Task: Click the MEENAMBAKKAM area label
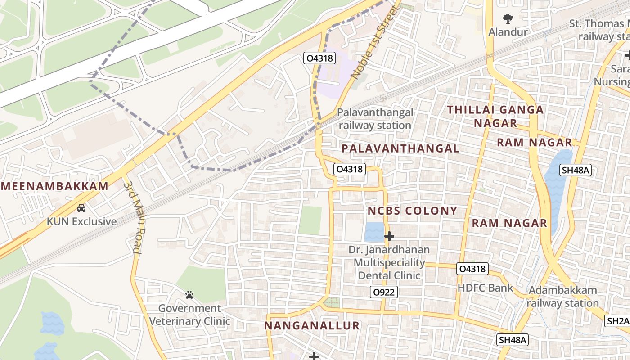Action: click(54, 186)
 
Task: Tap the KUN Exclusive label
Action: click(81, 221)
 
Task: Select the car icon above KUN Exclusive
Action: click(81, 208)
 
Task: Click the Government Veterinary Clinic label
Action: click(189, 315)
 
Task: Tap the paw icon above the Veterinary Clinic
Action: click(189, 295)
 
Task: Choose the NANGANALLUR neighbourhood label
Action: click(312, 325)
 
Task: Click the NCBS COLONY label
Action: click(412, 211)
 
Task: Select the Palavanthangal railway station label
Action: click(375, 119)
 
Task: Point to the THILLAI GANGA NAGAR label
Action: click(495, 116)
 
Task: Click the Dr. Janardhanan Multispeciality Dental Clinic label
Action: click(389, 262)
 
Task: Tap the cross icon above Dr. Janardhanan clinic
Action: click(389, 236)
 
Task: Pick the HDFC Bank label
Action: click(485, 288)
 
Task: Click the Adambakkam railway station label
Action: click(562, 297)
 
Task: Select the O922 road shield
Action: click(384, 292)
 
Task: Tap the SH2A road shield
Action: click(617, 321)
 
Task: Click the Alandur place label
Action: click(508, 32)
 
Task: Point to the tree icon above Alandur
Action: click(508, 19)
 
